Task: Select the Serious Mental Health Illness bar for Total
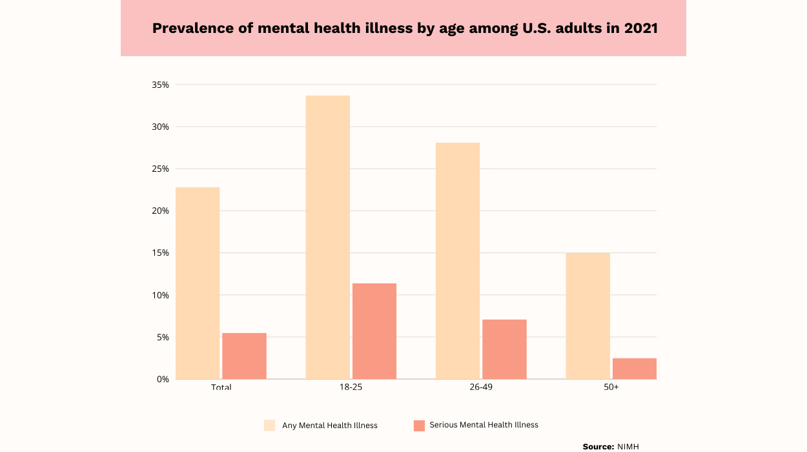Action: click(244, 356)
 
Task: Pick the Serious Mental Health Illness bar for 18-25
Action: click(374, 331)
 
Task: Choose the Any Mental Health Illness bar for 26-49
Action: click(458, 261)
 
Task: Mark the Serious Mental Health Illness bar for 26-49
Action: click(504, 349)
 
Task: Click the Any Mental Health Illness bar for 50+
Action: click(587, 316)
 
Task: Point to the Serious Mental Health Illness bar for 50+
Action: click(635, 369)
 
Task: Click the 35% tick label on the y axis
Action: click(161, 85)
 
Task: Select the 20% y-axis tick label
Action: click(161, 211)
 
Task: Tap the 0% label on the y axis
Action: click(163, 379)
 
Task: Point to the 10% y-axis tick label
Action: click(161, 295)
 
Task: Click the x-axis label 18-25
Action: click(351, 387)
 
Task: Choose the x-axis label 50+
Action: click(611, 387)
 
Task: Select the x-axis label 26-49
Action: click(481, 387)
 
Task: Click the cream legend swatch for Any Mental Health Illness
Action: click(270, 425)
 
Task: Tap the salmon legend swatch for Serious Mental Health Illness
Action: click(419, 425)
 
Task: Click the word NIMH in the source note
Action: click(628, 446)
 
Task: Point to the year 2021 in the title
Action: click(640, 28)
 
